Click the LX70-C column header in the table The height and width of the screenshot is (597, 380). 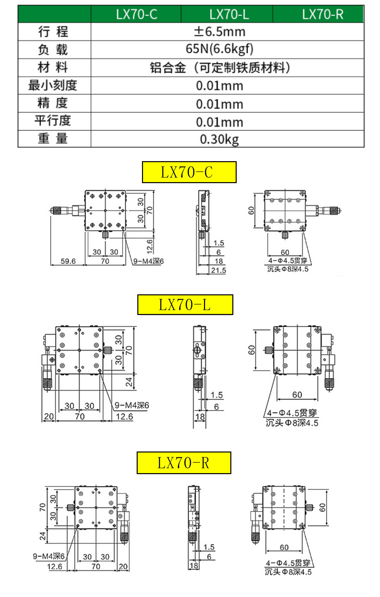click(x=136, y=14)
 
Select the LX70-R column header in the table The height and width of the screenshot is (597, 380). click(x=322, y=14)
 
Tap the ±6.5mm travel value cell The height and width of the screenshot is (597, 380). click(x=220, y=32)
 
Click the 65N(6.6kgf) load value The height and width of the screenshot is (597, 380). click(x=220, y=49)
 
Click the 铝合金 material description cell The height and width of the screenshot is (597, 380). click(x=220, y=68)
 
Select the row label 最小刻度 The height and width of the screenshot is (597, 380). click(x=53, y=86)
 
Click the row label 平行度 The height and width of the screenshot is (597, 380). click(x=53, y=121)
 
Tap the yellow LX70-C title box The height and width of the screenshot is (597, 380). click(x=189, y=172)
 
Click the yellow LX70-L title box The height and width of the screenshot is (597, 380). click(x=185, y=305)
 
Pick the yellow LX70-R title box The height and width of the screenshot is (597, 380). click(x=184, y=463)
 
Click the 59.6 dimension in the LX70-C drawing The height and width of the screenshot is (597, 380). click(x=68, y=261)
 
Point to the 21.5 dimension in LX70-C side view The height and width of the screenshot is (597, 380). click(x=218, y=270)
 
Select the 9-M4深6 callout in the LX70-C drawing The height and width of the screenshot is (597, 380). click(x=148, y=261)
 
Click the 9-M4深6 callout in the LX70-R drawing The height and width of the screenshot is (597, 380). click(x=49, y=556)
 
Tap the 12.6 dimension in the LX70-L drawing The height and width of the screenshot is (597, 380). click(x=124, y=417)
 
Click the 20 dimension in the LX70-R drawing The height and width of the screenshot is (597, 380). click(x=123, y=566)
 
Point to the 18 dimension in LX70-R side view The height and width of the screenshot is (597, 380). click(x=194, y=566)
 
